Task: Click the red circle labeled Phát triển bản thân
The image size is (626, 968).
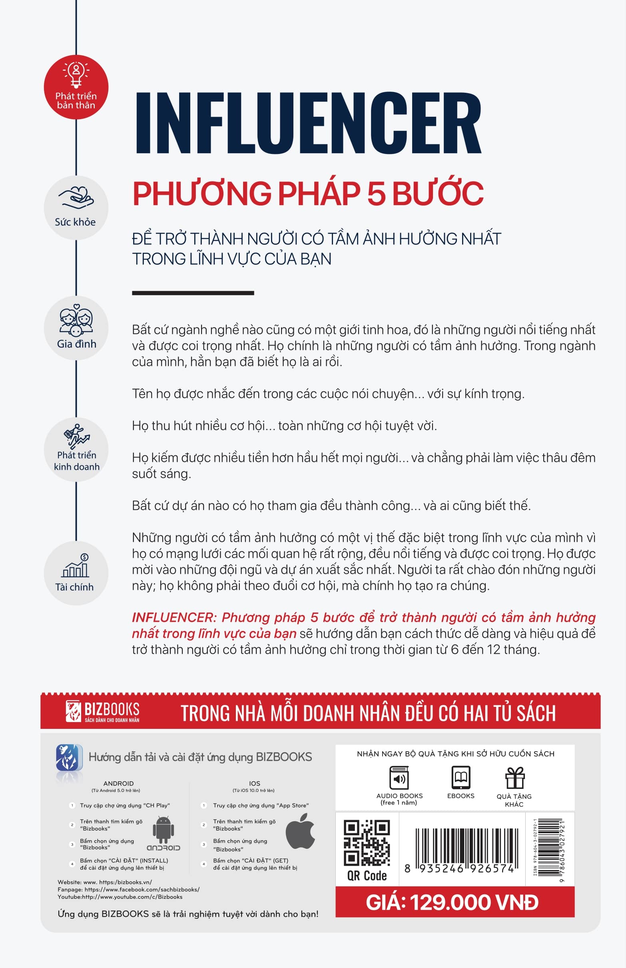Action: point(76,87)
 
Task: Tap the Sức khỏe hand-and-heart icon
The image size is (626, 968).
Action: point(76,198)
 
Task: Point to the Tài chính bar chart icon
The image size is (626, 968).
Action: point(76,565)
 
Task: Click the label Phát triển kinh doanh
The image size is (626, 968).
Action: point(76,461)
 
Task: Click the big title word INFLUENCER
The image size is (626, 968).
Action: point(308,123)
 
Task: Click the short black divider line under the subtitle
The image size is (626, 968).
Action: point(193,293)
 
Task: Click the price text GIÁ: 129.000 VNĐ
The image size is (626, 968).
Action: point(452,902)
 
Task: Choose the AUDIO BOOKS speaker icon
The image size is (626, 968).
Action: point(399,778)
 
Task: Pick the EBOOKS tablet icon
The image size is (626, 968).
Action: point(461,778)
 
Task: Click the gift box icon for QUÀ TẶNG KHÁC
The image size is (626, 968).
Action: point(514,778)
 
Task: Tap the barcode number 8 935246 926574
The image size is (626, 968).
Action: point(459,868)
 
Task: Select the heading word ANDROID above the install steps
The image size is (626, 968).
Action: point(118,783)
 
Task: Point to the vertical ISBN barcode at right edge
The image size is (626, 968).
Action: point(550,848)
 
